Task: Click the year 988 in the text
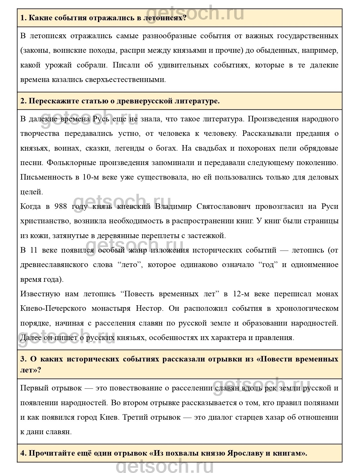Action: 60,206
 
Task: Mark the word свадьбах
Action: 213,148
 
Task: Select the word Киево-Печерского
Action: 53,308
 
